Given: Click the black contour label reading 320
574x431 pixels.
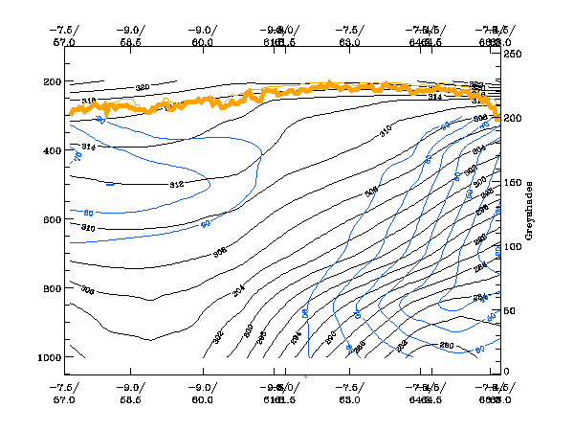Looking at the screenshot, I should [143, 88].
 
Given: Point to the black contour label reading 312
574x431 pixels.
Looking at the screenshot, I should [176, 184].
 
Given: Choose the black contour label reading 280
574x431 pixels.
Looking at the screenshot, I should [446, 345].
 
